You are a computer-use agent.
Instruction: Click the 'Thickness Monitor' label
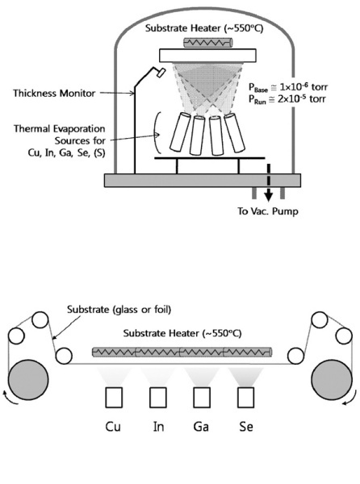point(54,93)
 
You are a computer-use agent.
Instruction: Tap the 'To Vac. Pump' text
point(268,211)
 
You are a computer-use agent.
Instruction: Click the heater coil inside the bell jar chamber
point(207,43)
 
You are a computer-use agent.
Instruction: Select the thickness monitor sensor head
point(161,73)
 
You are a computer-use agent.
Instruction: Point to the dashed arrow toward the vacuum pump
point(269,183)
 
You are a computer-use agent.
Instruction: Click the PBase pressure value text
point(287,87)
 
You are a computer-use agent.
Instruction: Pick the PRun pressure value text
point(287,99)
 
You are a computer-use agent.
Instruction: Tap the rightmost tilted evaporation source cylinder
point(234,133)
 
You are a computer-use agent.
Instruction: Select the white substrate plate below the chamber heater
point(207,55)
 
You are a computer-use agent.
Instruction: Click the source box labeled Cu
point(114,397)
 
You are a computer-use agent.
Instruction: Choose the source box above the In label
point(158,397)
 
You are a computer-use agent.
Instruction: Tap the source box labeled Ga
point(202,397)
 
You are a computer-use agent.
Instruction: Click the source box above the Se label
point(246,397)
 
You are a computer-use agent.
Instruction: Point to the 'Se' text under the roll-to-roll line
point(246,427)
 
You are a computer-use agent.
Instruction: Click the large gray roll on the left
point(28,380)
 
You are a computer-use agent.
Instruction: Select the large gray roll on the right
point(332,380)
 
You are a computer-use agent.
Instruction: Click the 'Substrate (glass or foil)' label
point(119,309)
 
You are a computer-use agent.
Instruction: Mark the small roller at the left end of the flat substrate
point(64,356)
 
